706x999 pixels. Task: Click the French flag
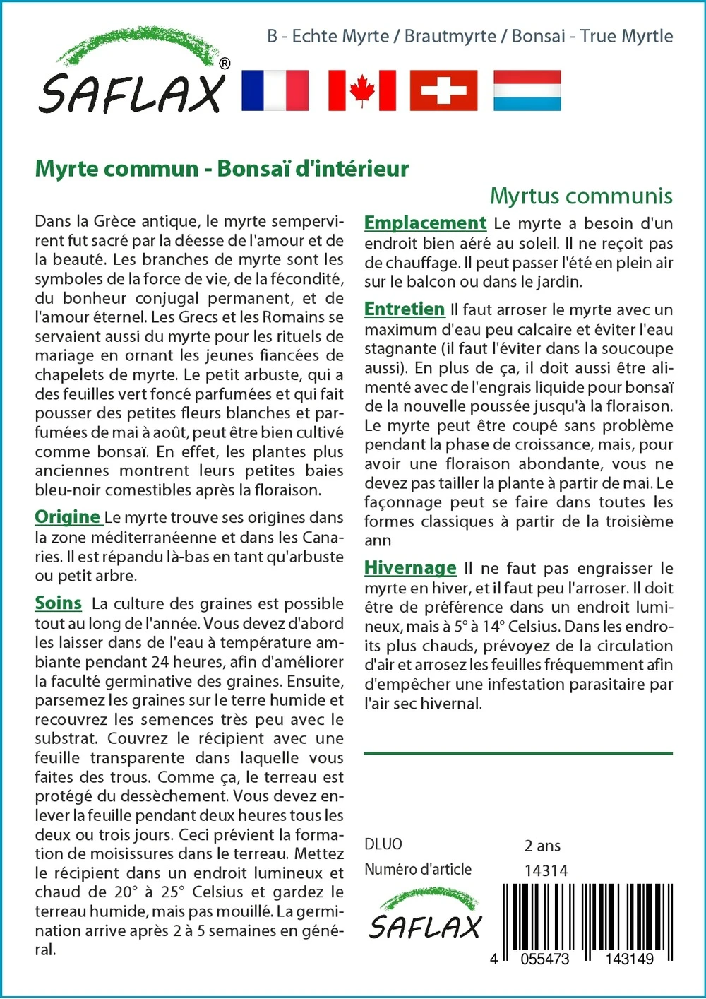275,90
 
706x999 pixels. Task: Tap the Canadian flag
361,90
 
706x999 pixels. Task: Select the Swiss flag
443,90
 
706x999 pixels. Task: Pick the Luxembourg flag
527,90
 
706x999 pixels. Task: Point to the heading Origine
68,517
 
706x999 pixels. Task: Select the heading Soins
59,603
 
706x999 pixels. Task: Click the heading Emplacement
425,223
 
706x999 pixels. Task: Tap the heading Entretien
405,309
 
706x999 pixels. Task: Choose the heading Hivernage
410,568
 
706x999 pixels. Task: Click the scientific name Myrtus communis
581,196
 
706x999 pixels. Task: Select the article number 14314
546,871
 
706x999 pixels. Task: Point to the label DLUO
383,844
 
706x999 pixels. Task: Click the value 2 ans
542,846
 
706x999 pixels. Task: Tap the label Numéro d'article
418,870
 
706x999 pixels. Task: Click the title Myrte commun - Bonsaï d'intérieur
222,169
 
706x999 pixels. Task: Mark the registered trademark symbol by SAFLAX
225,64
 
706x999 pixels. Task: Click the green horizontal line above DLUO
518,753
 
